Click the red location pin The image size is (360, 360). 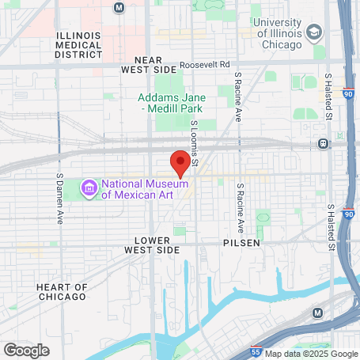pos(180,163)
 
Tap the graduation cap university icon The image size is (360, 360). pos(314,33)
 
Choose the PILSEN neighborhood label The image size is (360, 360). pos(241,243)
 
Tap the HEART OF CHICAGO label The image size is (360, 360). pos(61,291)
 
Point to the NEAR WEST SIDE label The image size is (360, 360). pos(148,65)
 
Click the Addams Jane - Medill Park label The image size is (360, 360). pos(172,103)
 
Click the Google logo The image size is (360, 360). pos(26,351)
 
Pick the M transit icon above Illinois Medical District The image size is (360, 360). pos(119,7)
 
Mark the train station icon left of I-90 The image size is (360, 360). pos(323,143)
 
